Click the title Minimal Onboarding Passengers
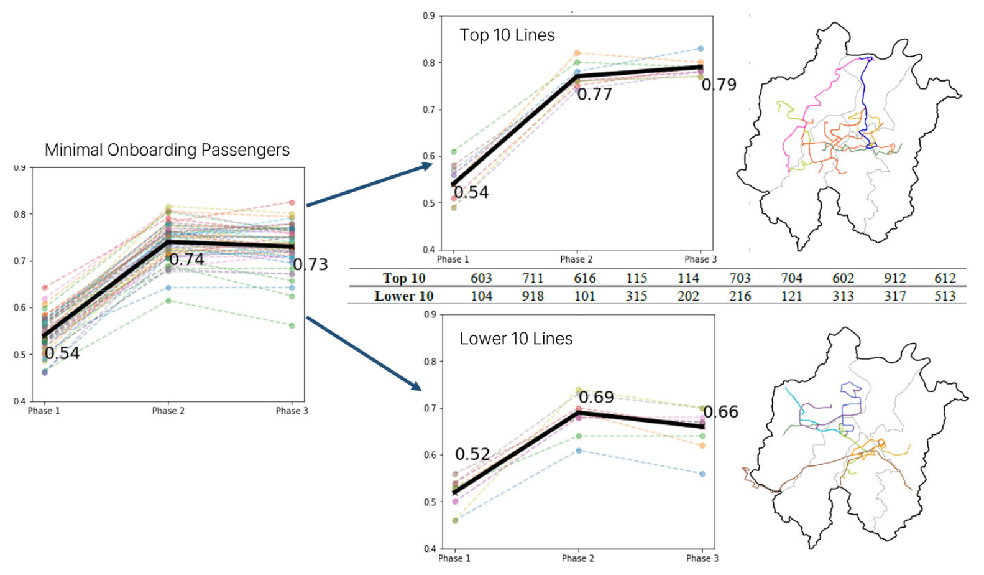click(167, 150)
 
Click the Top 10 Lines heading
click(507, 35)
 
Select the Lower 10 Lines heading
click(516, 339)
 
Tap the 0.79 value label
click(719, 85)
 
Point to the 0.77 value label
click(594, 95)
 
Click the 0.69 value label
click(596, 397)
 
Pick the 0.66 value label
click(721, 412)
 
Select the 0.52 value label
click(472, 454)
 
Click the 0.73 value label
click(310, 264)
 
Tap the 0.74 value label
click(186, 259)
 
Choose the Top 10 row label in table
click(404, 278)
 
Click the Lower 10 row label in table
click(403, 296)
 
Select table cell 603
click(481, 278)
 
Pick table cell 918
click(533, 296)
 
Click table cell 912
click(894, 278)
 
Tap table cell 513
click(945, 296)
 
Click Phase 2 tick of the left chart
click(168, 411)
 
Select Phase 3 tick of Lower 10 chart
click(702, 558)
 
